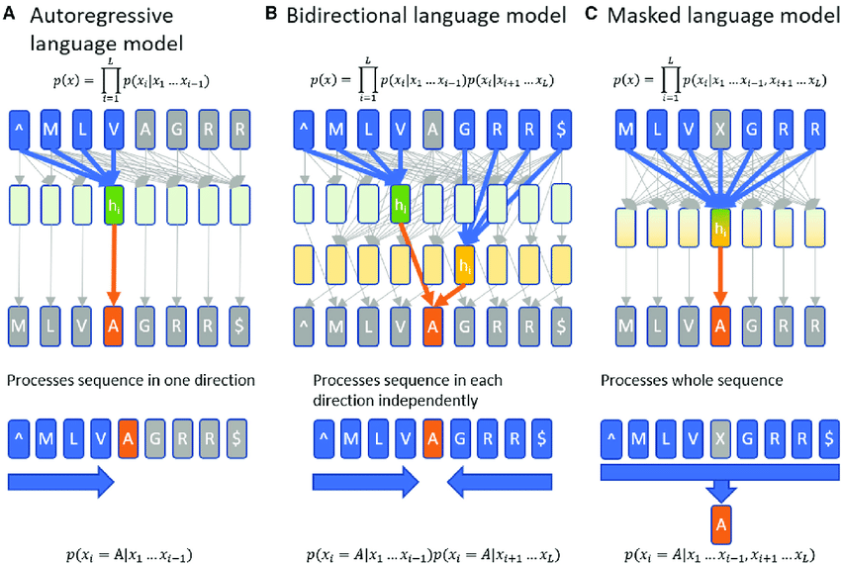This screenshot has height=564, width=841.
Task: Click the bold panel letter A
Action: (14, 16)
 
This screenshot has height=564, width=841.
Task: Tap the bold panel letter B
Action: (297, 16)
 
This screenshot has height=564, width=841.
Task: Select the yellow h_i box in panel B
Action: (463, 266)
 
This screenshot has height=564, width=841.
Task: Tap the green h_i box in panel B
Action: (400, 207)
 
